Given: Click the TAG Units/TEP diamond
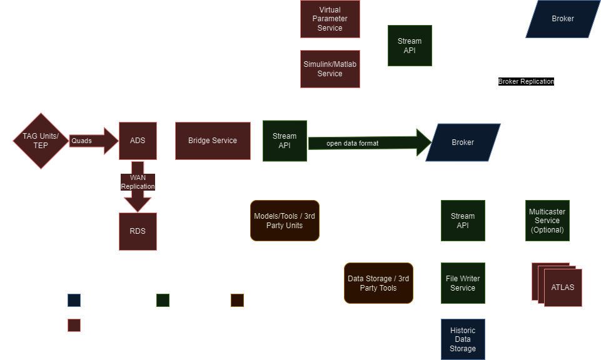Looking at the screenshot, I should (x=41, y=141).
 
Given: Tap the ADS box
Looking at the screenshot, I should (x=138, y=141).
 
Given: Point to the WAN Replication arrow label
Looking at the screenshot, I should (x=138, y=182).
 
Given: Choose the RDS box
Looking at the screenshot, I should (x=138, y=231).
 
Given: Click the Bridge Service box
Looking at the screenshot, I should (x=213, y=141).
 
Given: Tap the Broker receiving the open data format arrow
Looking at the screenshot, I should (x=463, y=142).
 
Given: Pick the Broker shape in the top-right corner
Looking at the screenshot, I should (x=562, y=19).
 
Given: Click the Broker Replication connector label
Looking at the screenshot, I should (x=525, y=81).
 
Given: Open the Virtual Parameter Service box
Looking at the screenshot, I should (x=330, y=19).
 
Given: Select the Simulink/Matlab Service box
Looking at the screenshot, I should (x=330, y=69).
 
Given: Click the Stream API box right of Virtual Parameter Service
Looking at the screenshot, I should (x=410, y=46).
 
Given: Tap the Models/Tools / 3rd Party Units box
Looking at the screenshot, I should (x=285, y=221).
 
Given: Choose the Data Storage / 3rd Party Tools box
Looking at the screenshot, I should (x=378, y=283).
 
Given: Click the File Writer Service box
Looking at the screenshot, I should (x=463, y=283).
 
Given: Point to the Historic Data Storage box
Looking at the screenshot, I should (x=463, y=339).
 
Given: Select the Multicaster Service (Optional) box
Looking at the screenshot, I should (x=547, y=221).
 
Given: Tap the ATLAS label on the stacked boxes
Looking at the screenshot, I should (x=563, y=287).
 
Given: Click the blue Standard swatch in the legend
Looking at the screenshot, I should (x=74, y=300).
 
